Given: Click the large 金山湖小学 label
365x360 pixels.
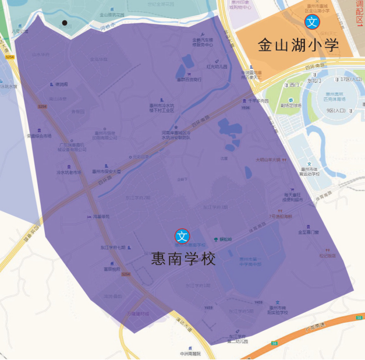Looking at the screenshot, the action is pos(297,45).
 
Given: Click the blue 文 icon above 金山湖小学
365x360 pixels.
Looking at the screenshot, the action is pos(313,22).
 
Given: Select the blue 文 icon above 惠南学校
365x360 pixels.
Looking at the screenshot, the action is pos(183,236).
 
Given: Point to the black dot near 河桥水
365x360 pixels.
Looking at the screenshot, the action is pos(65,23).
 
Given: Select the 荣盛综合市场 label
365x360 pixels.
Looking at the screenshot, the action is pos(40,136).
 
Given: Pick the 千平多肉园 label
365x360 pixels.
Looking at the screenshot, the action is pos(258,100).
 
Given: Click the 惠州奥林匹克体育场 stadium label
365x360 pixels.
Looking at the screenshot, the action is pos(336,97).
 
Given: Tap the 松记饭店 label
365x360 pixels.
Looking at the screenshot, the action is pos(327,255).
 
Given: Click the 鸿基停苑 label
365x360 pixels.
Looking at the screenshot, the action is pos(100,216).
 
